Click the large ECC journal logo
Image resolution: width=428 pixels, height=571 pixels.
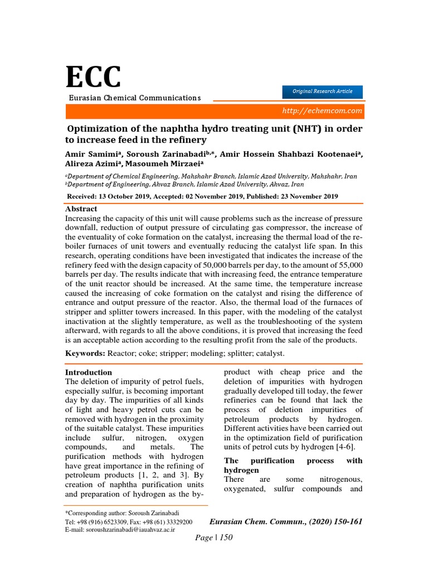[x=93, y=78]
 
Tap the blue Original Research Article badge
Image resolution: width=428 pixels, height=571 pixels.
[x=323, y=91]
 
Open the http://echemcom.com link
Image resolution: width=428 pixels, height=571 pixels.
[x=322, y=110]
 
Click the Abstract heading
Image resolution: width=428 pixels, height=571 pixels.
[x=81, y=209]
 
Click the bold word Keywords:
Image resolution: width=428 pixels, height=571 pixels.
[x=85, y=354]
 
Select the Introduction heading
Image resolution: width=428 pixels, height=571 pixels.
[x=89, y=372]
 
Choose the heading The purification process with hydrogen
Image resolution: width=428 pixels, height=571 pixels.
[x=293, y=466]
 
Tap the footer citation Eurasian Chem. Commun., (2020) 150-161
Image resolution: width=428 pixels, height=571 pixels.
[x=285, y=521]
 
